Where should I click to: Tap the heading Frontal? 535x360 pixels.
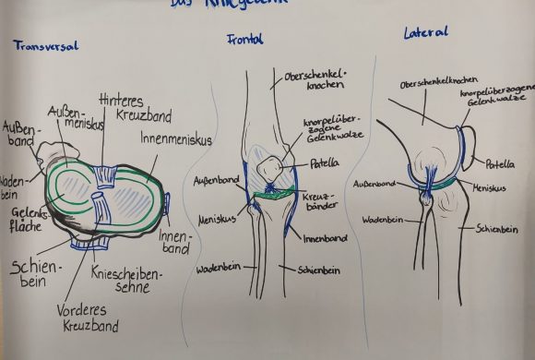coord(245,40)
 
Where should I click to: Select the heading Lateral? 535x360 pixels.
coord(426,33)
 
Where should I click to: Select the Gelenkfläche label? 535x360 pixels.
coord(21,221)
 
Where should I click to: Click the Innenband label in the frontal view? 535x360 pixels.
coord(325,238)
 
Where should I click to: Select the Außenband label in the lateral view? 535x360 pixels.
coord(374,185)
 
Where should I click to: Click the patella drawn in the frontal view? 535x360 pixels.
coord(270,169)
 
